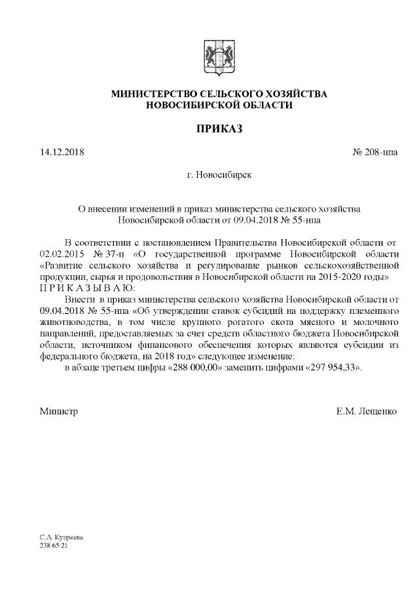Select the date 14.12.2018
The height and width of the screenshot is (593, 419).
pyautogui.click(x=62, y=153)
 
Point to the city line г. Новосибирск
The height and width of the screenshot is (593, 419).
pyautogui.click(x=219, y=175)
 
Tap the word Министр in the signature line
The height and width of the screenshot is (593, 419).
pyautogui.click(x=58, y=411)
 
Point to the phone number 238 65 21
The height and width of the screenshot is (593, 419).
pyautogui.click(x=54, y=545)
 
